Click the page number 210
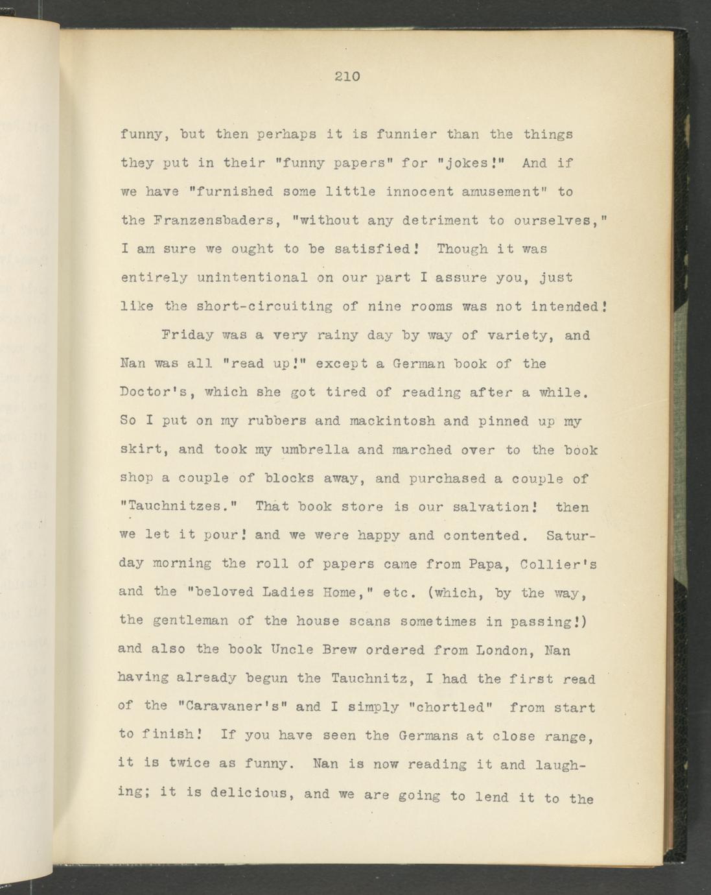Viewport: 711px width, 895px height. (347, 77)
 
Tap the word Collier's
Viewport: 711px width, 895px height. (559, 564)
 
